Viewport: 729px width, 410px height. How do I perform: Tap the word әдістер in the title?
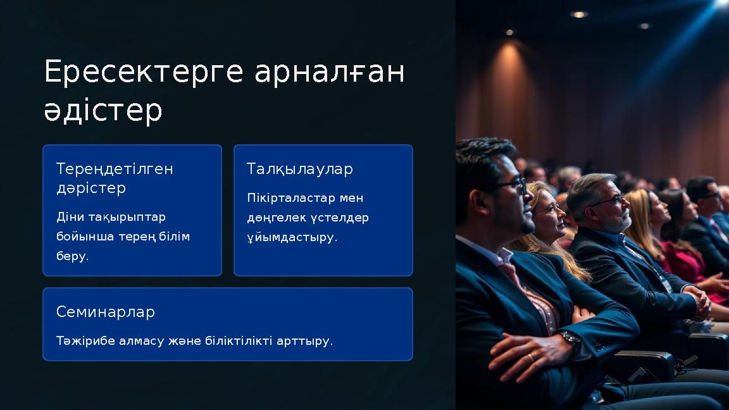(x=103, y=111)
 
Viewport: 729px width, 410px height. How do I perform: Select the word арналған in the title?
(x=329, y=73)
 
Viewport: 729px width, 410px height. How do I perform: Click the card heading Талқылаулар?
(x=299, y=170)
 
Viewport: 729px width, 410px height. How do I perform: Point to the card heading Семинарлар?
(x=105, y=312)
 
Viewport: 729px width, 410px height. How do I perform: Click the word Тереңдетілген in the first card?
(x=115, y=170)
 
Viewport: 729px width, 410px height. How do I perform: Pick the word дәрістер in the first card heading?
(x=91, y=189)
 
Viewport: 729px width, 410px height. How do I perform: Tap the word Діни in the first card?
(x=66, y=217)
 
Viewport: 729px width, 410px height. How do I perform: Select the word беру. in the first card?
(x=73, y=256)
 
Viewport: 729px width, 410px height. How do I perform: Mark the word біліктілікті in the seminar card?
(x=240, y=341)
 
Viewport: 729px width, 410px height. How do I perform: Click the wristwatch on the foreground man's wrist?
(x=570, y=340)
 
